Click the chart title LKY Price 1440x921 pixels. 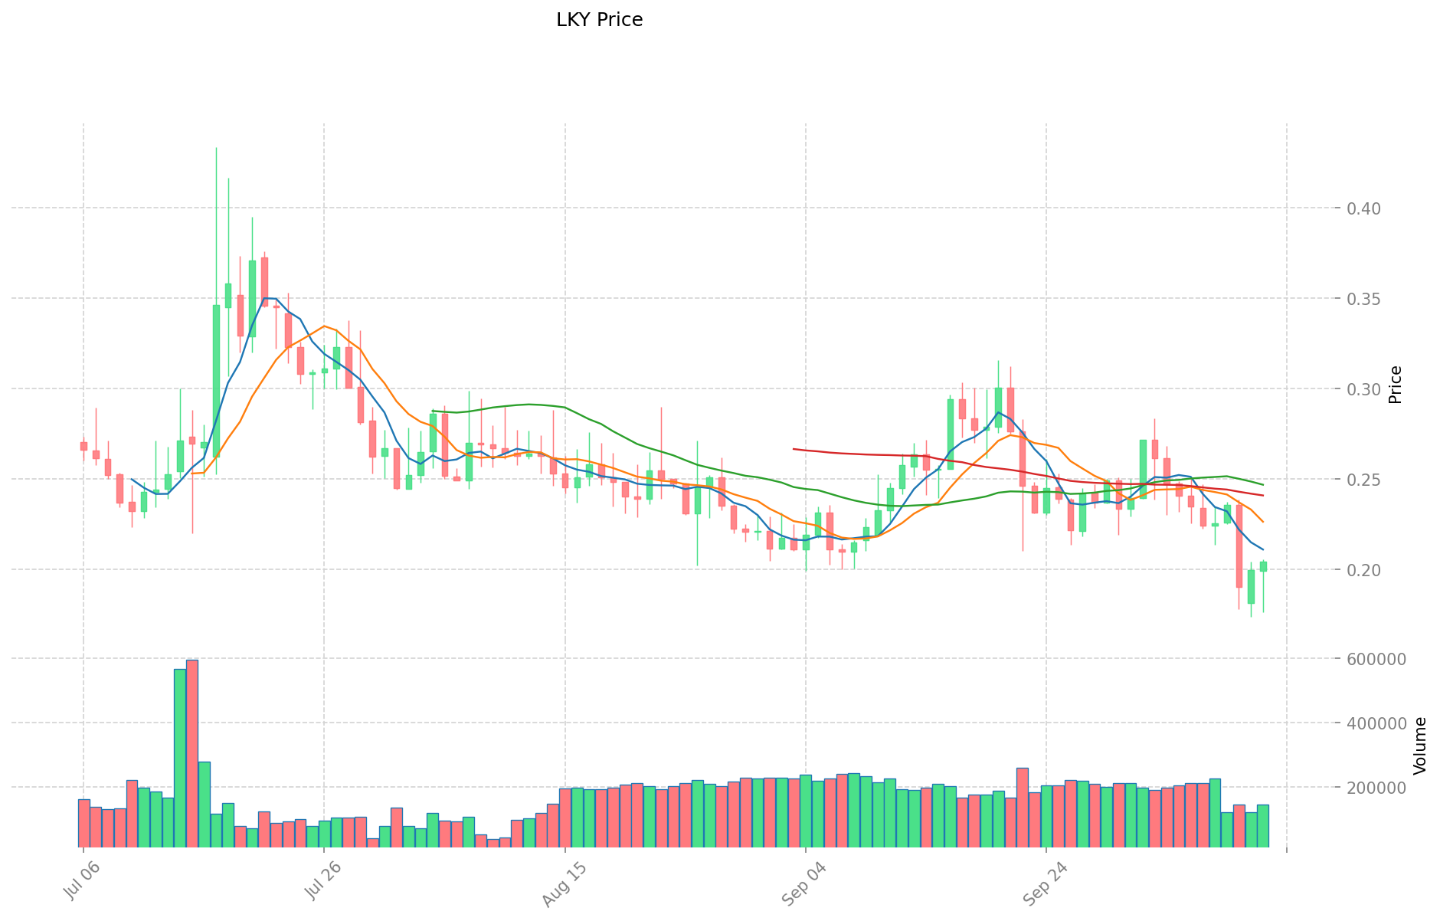click(x=599, y=20)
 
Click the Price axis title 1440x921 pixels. click(x=1396, y=385)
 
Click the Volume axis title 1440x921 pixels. click(x=1420, y=745)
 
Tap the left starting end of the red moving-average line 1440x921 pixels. click(x=794, y=449)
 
